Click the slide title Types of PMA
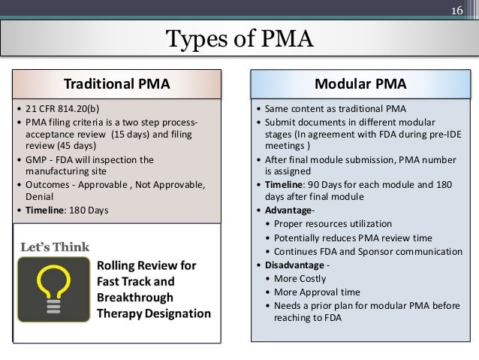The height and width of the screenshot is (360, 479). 239,38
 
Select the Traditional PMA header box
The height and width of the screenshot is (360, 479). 116,83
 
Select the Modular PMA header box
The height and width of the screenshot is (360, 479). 360,83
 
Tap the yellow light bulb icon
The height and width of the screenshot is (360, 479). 52,289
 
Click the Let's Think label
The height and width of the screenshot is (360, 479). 54,247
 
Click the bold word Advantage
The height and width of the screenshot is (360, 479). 287,210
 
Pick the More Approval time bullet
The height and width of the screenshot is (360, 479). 317,292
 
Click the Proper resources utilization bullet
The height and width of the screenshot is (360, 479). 333,223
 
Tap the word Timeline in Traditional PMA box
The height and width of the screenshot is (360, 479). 46,210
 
